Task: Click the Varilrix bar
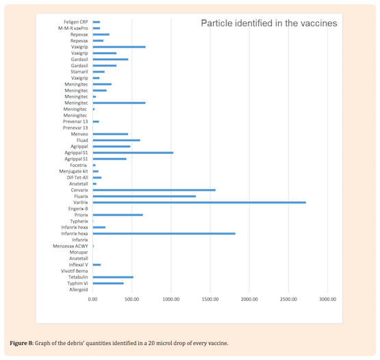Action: (x=199, y=203)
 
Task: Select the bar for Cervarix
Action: (x=154, y=190)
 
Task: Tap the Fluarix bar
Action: (x=144, y=196)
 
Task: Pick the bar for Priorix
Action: (x=118, y=215)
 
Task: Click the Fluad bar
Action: (x=116, y=140)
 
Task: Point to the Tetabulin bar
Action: (x=113, y=277)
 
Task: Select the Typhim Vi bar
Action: (x=108, y=283)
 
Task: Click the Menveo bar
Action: (x=110, y=134)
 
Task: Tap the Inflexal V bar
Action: (x=97, y=265)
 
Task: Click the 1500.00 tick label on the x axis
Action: (x=210, y=300)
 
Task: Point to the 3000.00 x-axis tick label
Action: (x=328, y=300)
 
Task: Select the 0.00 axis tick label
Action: (x=92, y=300)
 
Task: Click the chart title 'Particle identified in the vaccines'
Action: (x=269, y=23)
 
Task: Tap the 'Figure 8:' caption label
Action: (x=22, y=343)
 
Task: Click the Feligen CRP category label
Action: (x=76, y=22)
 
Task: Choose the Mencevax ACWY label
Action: (x=71, y=246)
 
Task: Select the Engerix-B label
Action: (x=78, y=209)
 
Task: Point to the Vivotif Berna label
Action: (x=75, y=271)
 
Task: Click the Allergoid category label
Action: (x=79, y=290)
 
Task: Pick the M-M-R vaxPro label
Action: (x=73, y=28)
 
